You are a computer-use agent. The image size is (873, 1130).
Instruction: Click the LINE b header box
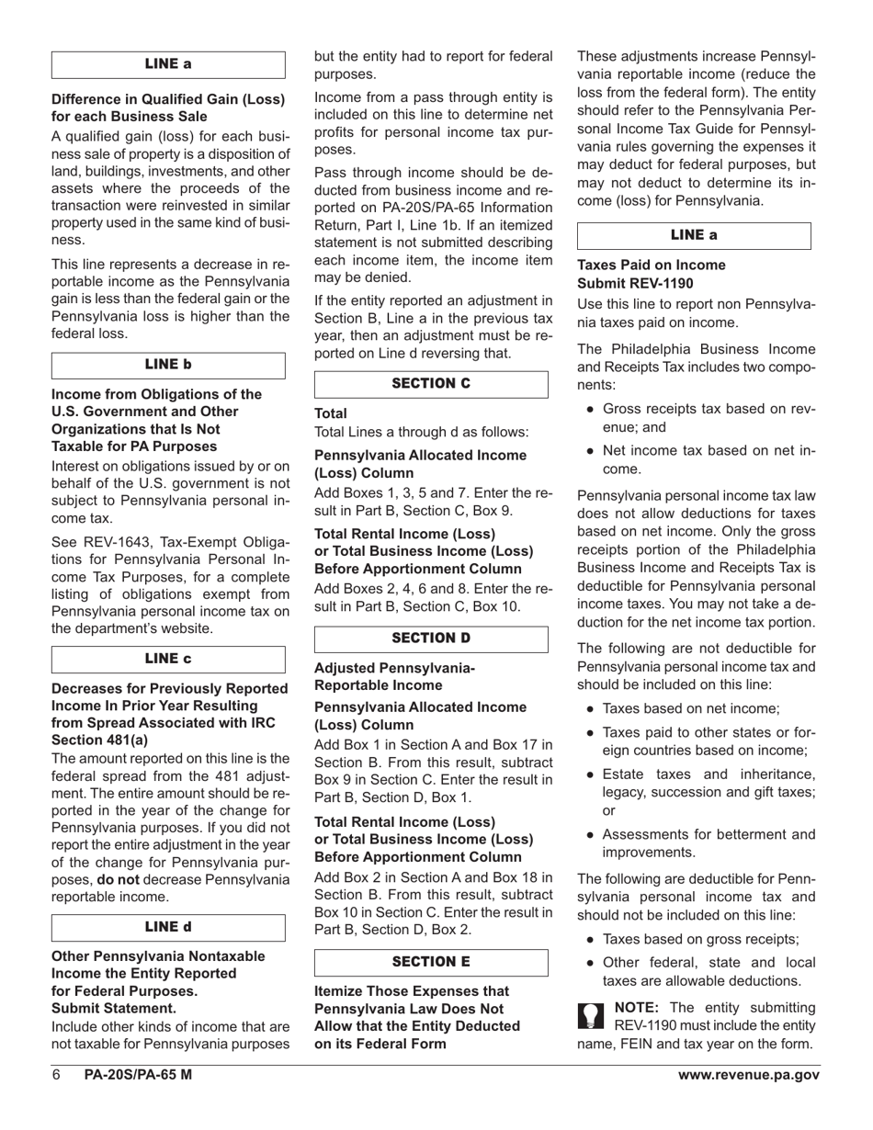[x=168, y=365]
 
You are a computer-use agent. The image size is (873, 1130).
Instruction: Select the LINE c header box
[x=168, y=659]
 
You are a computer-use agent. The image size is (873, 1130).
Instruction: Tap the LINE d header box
[x=168, y=927]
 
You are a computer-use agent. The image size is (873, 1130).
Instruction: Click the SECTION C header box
[x=431, y=384]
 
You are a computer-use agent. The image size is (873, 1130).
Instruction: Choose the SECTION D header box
[x=431, y=638]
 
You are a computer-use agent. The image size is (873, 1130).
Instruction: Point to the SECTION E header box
[x=431, y=962]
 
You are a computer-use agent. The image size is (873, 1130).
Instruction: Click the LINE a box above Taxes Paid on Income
[x=694, y=235]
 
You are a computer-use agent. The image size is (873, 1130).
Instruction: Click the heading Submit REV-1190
[x=635, y=284]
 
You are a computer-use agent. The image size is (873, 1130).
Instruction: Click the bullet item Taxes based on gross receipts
[x=700, y=939]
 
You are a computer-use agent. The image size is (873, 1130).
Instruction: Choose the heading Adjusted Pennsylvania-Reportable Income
[x=395, y=676]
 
